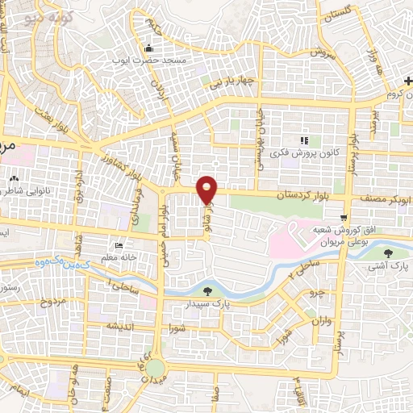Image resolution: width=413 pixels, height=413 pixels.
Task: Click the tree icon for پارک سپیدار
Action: tap(209, 290)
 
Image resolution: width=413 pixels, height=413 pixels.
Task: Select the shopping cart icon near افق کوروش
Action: tap(344, 217)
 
